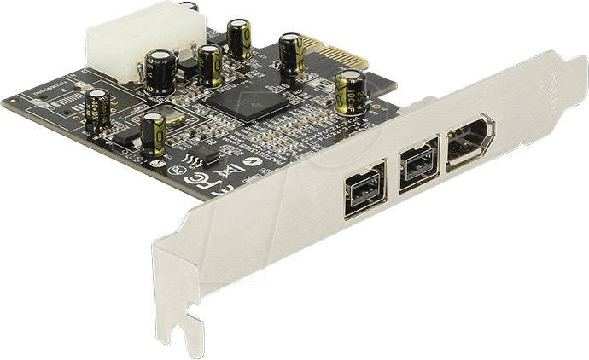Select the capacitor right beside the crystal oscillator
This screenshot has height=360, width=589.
coord(155,132)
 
